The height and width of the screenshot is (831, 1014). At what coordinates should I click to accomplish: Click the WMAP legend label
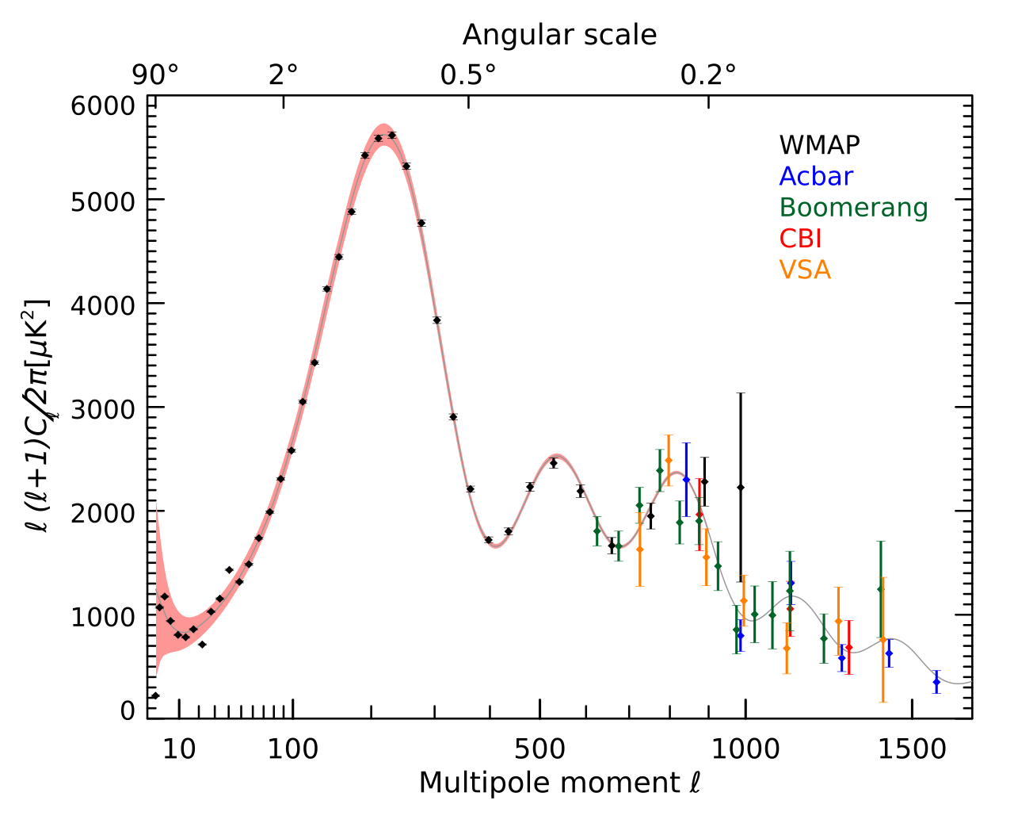pyautogui.click(x=819, y=145)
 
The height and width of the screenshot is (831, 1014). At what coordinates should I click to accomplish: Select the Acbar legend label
pyautogui.click(x=816, y=176)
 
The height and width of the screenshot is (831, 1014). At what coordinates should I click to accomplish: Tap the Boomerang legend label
pyautogui.click(x=853, y=207)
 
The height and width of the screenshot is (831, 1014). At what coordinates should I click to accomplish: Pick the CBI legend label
pyautogui.click(x=800, y=239)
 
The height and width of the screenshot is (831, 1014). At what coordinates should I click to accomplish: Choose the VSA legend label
pyautogui.click(x=805, y=270)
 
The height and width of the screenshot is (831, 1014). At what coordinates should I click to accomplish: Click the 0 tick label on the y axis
pyautogui.click(x=128, y=710)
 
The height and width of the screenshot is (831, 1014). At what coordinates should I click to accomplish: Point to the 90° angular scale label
pyautogui.click(x=155, y=75)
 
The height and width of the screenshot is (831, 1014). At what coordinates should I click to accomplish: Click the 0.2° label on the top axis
pyautogui.click(x=708, y=75)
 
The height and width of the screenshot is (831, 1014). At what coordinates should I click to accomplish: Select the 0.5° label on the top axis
pyautogui.click(x=468, y=75)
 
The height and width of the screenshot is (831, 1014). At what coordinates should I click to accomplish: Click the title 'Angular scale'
pyautogui.click(x=559, y=35)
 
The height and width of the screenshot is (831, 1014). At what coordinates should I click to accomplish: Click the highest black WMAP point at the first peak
pyautogui.click(x=391, y=135)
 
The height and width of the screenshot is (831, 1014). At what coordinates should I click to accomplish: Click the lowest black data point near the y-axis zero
pyautogui.click(x=155, y=695)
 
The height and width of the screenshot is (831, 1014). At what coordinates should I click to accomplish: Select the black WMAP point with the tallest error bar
pyautogui.click(x=741, y=487)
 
